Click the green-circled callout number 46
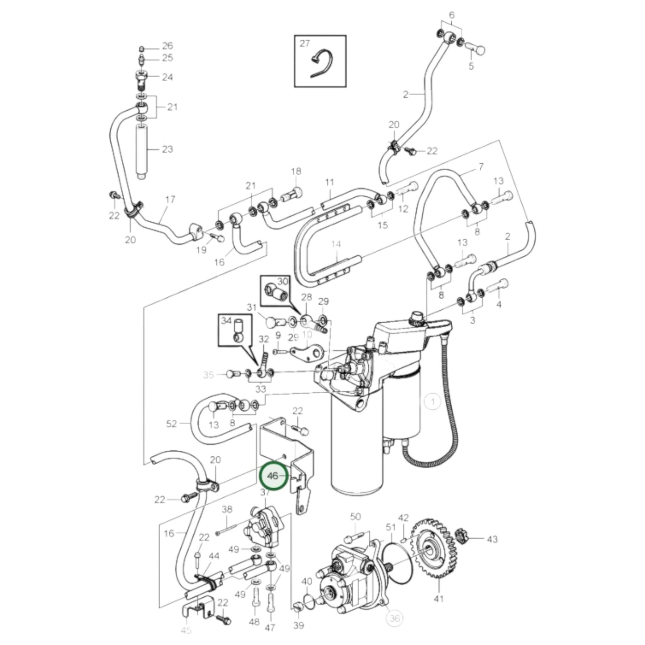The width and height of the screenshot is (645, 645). click(x=272, y=476)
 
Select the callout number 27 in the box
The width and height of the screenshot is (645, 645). click(x=304, y=44)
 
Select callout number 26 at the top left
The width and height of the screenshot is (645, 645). click(x=167, y=46)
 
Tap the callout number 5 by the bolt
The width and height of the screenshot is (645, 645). click(x=471, y=67)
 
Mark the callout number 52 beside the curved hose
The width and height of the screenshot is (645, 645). click(x=171, y=424)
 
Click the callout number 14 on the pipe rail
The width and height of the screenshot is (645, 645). click(x=336, y=244)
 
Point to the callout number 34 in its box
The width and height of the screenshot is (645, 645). click(x=227, y=320)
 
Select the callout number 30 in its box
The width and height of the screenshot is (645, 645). click(x=283, y=282)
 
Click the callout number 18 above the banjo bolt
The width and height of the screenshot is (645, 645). click(x=296, y=171)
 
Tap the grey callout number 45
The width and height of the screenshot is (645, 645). click(x=186, y=630)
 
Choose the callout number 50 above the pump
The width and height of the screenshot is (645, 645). click(x=355, y=517)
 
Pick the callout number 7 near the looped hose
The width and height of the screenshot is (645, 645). click(x=481, y=167)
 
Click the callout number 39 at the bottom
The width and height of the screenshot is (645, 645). click(x=299, y=625)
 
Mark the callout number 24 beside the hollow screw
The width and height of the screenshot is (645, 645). click(x=167, y=77)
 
